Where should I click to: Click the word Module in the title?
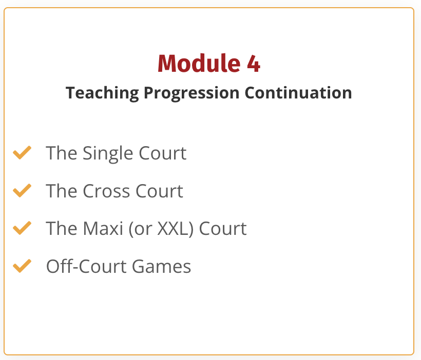pyautogui.click(x=199, y=63)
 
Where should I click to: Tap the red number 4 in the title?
pyautogui.click(x=254, y=64)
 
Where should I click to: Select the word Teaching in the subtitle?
pyautogui.click(x=102, y=93)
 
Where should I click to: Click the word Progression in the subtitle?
pyautogui.click(x=192, y=93)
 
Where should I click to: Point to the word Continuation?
pyautogui.click(x=298, y=93)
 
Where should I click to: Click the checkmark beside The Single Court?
pyautogui.click(x=22, y=153)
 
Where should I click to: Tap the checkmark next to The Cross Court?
pyautogui.click(x=22, y=190)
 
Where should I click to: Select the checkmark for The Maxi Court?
pyautogui.click(x=22, y=228)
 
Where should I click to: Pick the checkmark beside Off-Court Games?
pyautogui.click(x=22, y=266)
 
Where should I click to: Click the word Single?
pyautogui.click(x=108, y=154)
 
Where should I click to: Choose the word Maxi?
pyautogui.click(x=103, y=229)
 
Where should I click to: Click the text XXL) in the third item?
pyautogui.click(x=175, y=229)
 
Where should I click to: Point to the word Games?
pyautogui.click(x=161, y=266)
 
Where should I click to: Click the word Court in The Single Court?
pyautogui.click(x=162, y=153)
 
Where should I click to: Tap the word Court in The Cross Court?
pyautogui.click(x=159, y=191)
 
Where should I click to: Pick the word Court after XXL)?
pyautogui.click(x=223, y=229)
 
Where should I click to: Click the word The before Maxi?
pyautogui.click(x=62, y=229)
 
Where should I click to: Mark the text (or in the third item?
pyautogui.click(x=141, y=229)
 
